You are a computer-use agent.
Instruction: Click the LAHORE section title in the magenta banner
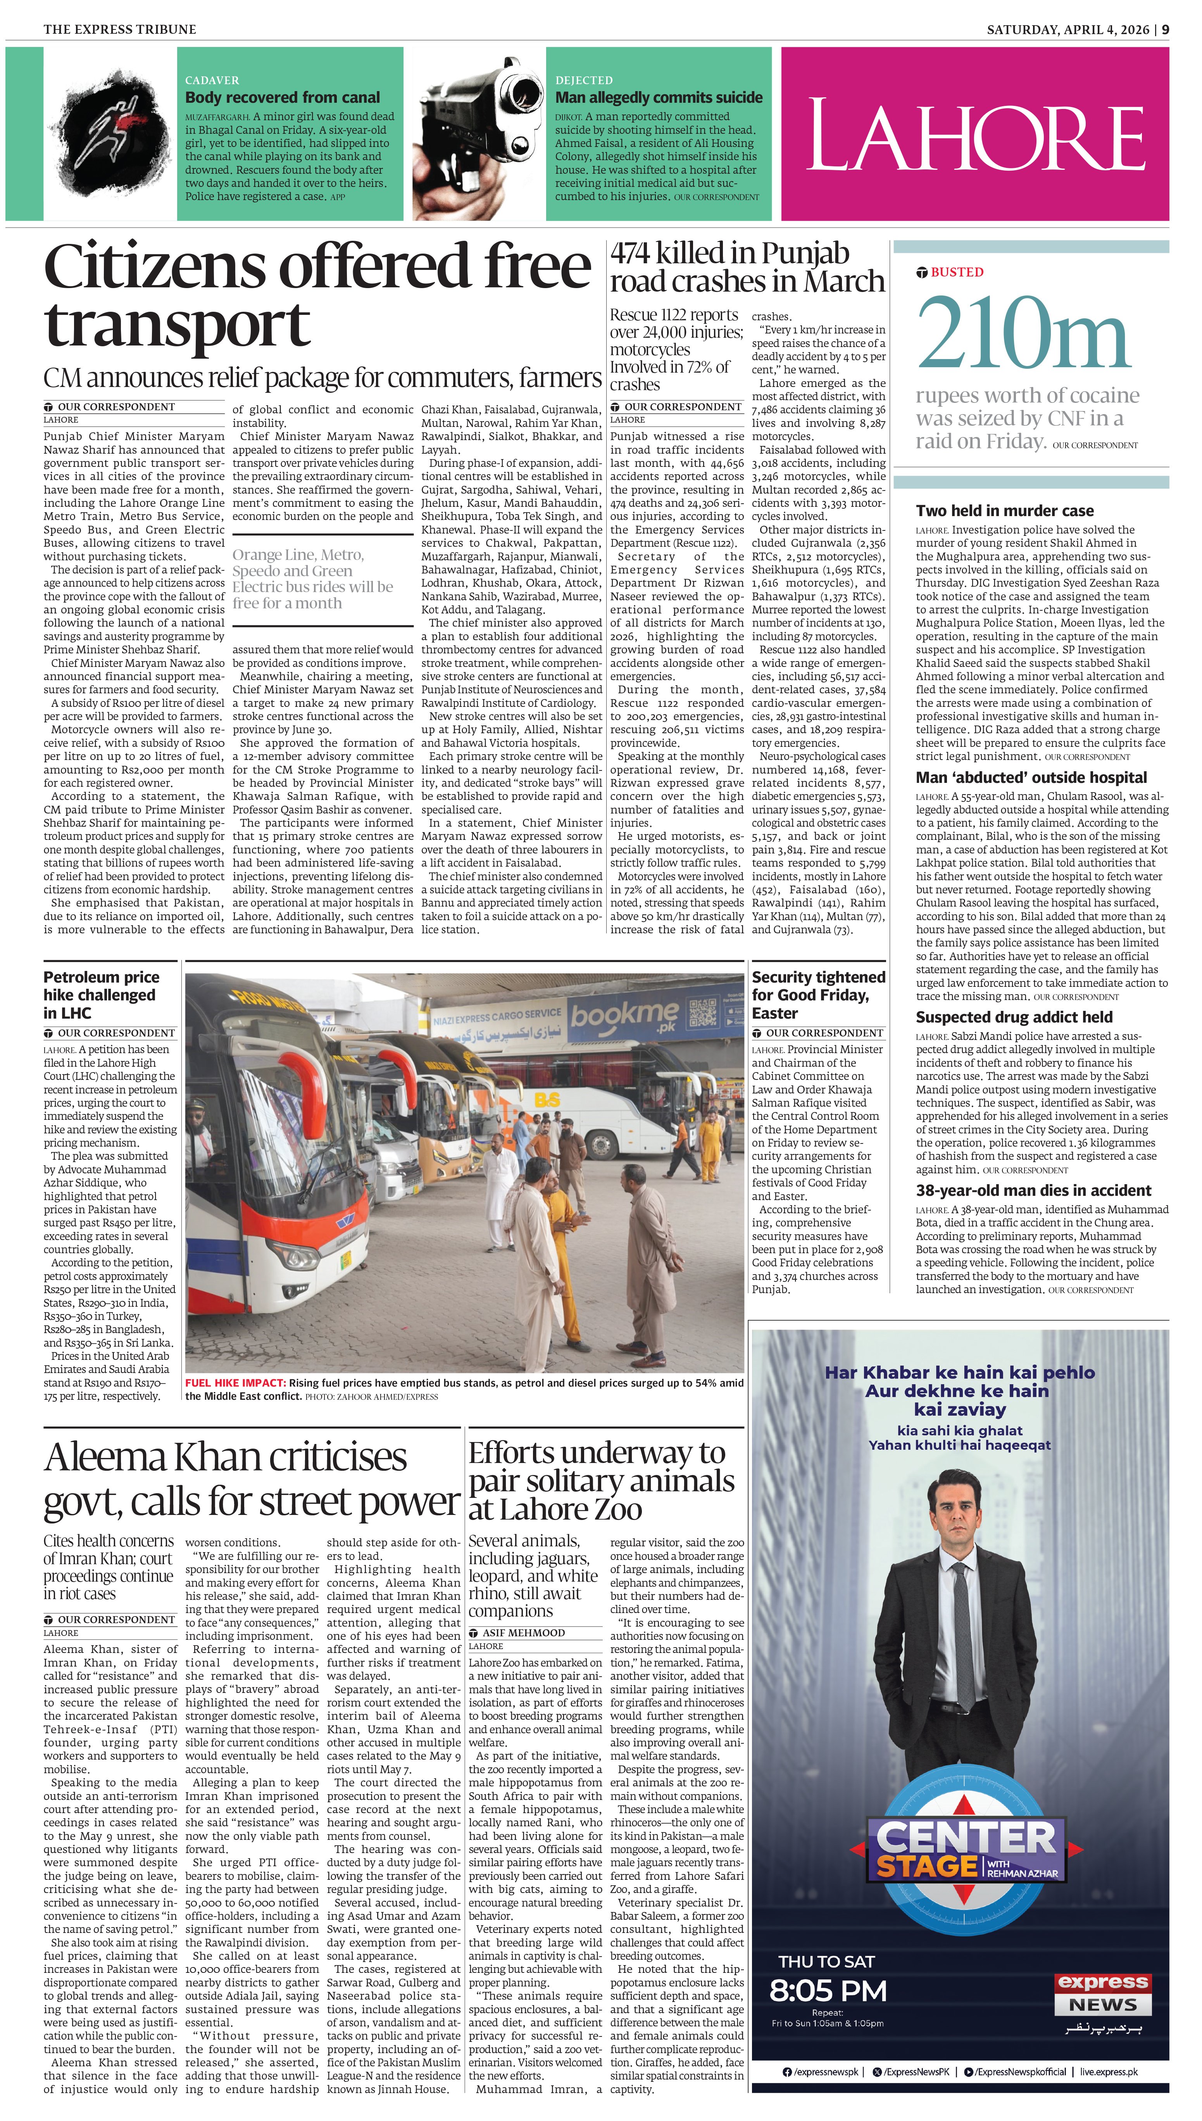(x=975, y=135)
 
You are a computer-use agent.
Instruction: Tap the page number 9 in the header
(x=1165, y=30)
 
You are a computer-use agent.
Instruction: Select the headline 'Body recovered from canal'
(x=282, y=97)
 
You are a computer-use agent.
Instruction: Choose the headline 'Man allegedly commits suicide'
(x=659, y=97)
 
